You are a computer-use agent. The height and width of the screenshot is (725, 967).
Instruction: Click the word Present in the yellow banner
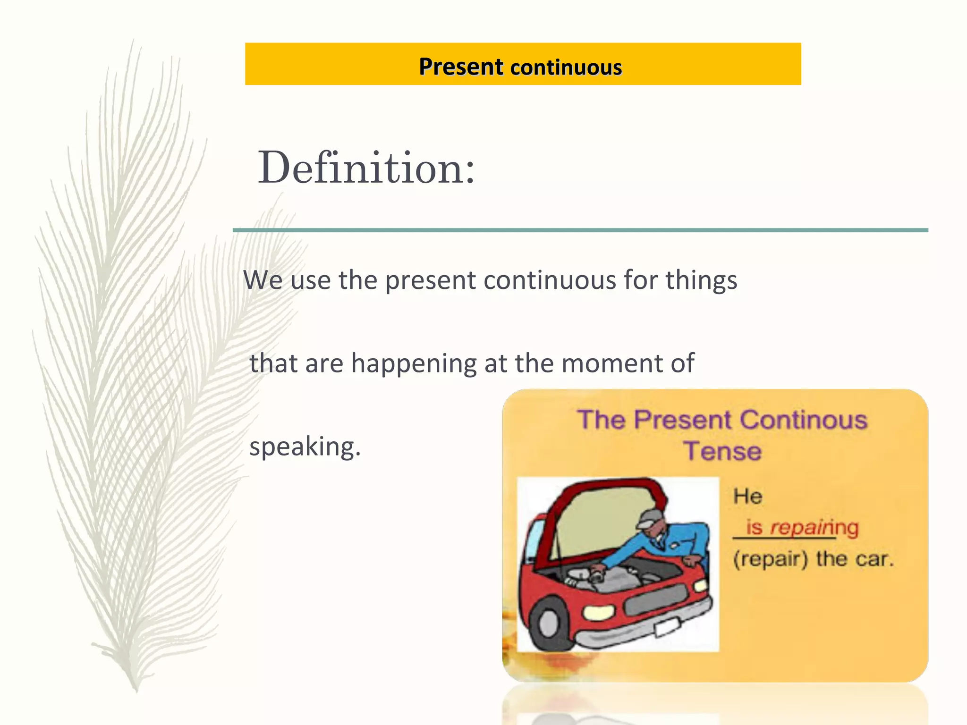click(461, 67)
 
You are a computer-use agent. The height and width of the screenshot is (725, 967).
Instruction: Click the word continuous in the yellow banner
click(566, 67)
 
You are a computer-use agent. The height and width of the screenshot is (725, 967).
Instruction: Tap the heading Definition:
click(366, 168)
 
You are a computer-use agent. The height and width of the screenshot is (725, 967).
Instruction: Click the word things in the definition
click(701, 280)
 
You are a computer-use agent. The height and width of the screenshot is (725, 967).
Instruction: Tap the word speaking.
click(305, 447)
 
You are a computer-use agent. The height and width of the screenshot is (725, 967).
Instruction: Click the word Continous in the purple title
click(803, 420)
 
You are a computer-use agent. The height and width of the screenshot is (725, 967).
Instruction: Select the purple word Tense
click(722, 451)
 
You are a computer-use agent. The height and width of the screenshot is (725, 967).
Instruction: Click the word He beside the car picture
click(747, 497)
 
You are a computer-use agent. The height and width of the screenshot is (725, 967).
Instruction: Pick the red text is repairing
click(802, 527)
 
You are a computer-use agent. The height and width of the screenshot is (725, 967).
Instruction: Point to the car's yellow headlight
click(598, 612)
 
